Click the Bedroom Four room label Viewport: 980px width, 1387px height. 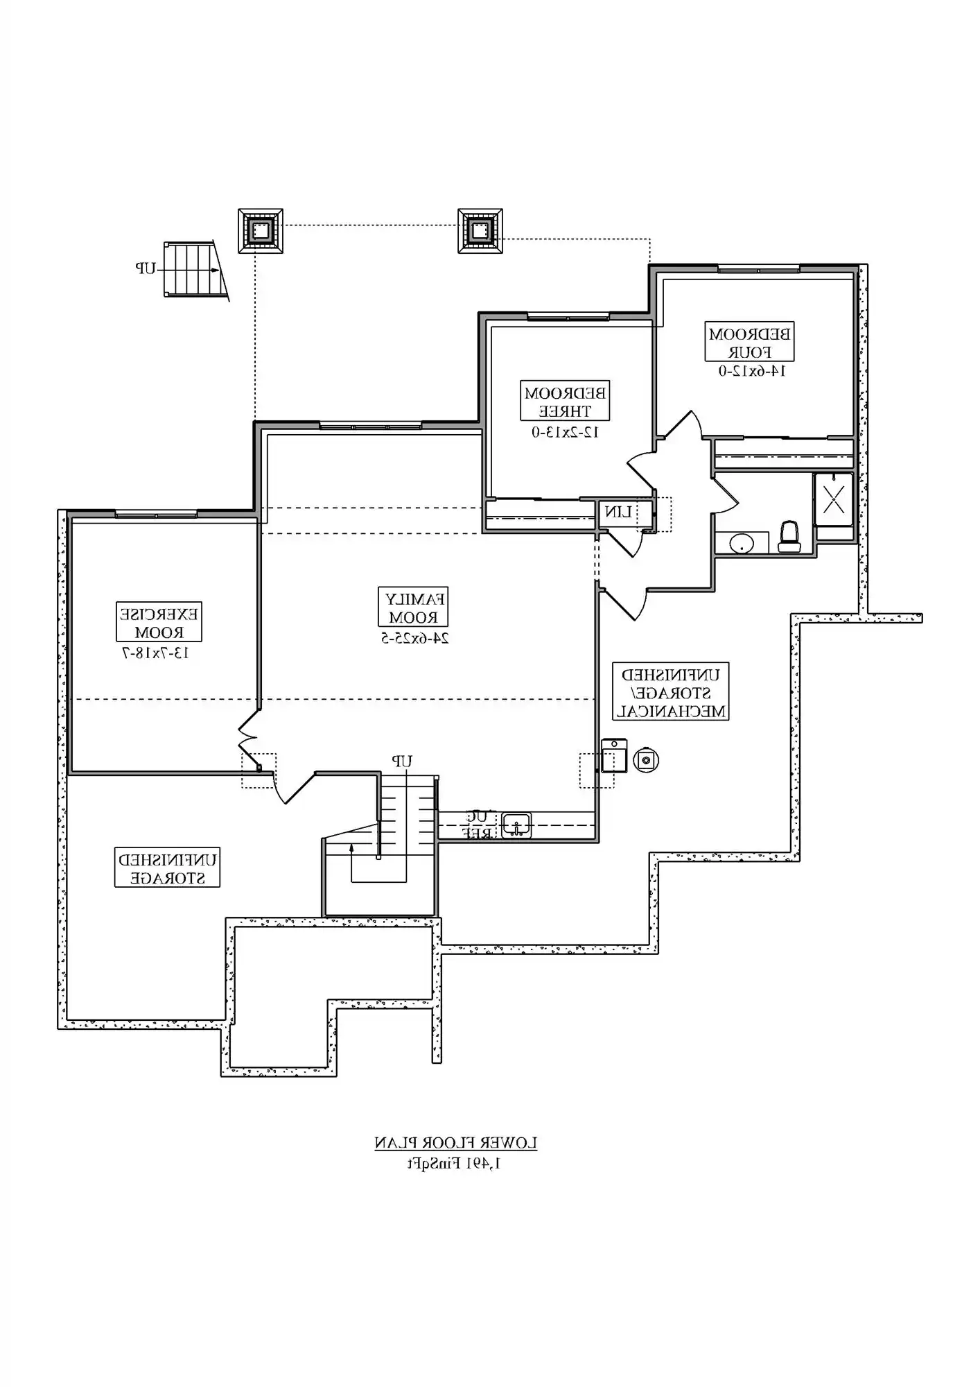point(749,342)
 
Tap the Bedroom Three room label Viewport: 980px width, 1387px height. point(565,402)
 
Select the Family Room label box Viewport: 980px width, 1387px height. point(413,607)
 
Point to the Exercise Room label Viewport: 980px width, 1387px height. point(159,622)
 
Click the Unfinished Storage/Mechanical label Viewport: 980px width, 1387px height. point(670,692)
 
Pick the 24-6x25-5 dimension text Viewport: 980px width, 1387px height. point(414,638)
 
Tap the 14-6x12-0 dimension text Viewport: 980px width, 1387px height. point(751,371)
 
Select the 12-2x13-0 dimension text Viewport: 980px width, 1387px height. point(565,432)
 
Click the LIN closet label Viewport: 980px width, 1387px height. point(618,512)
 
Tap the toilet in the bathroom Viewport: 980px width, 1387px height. point(789,537)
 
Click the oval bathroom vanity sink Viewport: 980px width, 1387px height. point(741,543)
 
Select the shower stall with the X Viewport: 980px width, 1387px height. point(833,497)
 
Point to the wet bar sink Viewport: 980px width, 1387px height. point(517,825)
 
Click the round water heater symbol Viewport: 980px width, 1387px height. point(646,760)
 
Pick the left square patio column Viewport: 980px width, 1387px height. point(260,230)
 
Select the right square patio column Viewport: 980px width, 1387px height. point(480,230)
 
